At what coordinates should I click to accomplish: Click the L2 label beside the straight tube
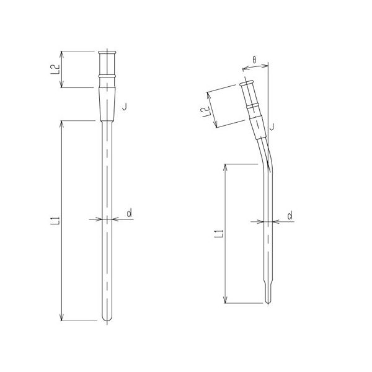pyautogui.click(x=55, y=69)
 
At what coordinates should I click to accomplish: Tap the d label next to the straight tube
pyautogui.click(x=128, y=213)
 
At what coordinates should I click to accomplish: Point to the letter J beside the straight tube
pyautogui.click(x=125, y=107)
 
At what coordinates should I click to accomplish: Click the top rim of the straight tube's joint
pyautogui.click(x=108, y=51)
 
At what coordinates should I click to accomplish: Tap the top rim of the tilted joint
pyautogui.click(x=248, y=83)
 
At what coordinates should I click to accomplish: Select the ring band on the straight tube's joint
pyautogui.click(x=108, y=77)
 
